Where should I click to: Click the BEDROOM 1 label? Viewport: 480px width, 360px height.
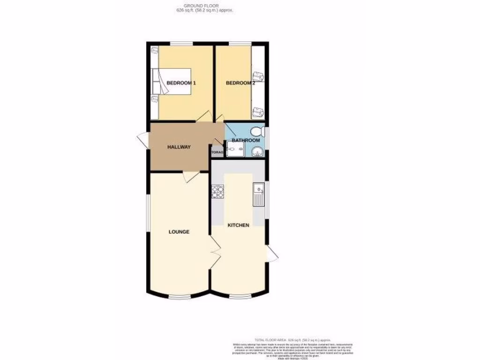[x=181, y=83]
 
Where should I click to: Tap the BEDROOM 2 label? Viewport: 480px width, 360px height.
[x=240, y=83]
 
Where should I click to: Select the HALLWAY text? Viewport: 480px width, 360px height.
[x=179, y=147]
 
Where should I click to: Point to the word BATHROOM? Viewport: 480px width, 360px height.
[x=246, y=140]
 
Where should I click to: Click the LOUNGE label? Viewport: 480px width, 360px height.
[x=180, y=232]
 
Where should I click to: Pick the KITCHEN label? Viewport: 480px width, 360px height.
[x=238, y=225]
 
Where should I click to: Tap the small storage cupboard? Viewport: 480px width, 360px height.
[x=217, y=152]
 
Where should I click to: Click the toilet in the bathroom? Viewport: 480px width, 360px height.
[x=257, y=131]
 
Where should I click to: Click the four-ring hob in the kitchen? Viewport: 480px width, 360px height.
[x=218, y=192]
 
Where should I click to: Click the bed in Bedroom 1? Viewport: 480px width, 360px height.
[x=172, y=81]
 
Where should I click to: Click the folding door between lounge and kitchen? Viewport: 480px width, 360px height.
[x=215, y=252]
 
